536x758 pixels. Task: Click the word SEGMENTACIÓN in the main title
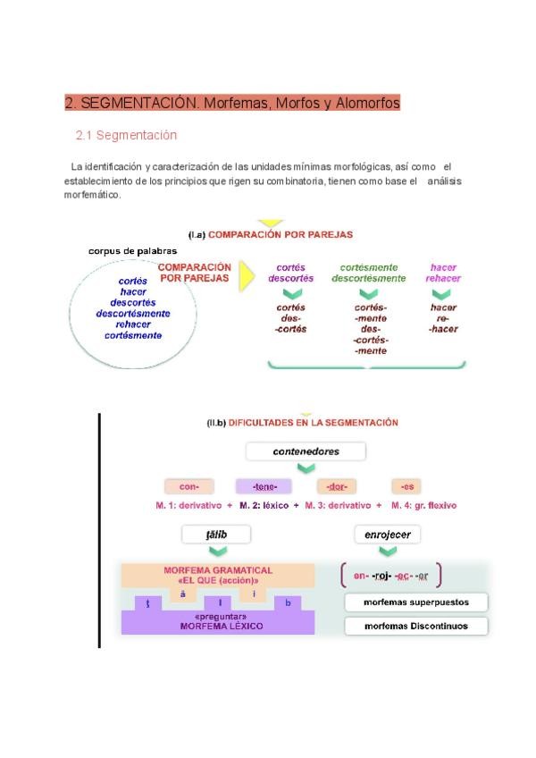(x=138, y=103)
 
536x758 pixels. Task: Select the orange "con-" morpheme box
(x=189, y=486)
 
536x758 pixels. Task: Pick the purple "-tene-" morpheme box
(x=264, y=486)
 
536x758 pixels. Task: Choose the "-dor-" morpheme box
(x=337, y=486)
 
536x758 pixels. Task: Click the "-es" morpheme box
(x=407, y=486)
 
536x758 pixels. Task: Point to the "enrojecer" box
(x=387, y=535)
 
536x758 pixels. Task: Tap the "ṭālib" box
(x=216, y=535)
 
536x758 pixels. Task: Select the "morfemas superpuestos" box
(x=416, y=602)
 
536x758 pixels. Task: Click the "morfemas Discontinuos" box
(x=416, y=626)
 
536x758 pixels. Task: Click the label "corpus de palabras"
(x=132, y=251)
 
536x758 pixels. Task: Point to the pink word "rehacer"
(x=444, y=278)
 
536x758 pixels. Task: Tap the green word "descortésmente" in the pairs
(x=369, y=278)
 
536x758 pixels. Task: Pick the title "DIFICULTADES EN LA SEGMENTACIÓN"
(x=314, y=422)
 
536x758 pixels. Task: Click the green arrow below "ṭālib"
(x=216, y=552)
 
